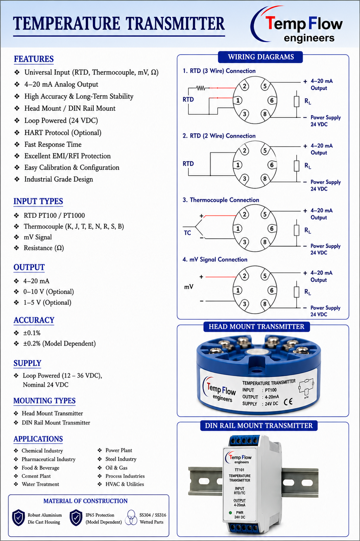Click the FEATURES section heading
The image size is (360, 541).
(34, 59)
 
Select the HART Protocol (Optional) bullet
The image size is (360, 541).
(63, 133)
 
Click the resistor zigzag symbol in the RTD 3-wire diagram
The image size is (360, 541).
(201, 88)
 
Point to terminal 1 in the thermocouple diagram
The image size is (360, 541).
(238, 228)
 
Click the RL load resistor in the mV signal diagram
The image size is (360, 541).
(297, 292)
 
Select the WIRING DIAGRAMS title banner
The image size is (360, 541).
(260, 57)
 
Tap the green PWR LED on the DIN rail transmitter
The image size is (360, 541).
(230, 512)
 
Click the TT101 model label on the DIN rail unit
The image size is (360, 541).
(240, 470)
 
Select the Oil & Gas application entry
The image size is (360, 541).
(116, 467)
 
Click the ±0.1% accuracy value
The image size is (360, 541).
(32, 333)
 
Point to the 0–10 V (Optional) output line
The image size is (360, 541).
(49, 292)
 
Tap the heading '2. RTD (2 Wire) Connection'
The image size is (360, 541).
(219, 136)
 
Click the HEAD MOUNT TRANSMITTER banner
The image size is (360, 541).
(257, 327)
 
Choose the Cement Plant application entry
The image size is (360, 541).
(36, 476)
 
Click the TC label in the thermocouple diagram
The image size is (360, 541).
(187, 233)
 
